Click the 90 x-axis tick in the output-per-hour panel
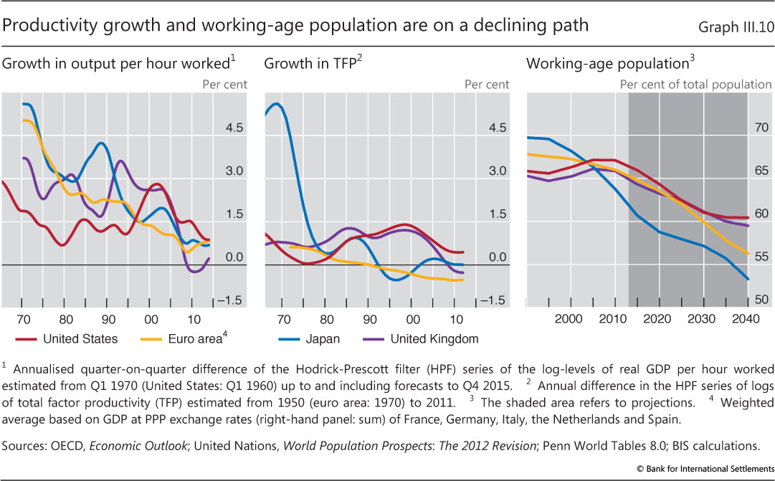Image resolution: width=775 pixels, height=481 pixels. [x=106, y=318]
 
